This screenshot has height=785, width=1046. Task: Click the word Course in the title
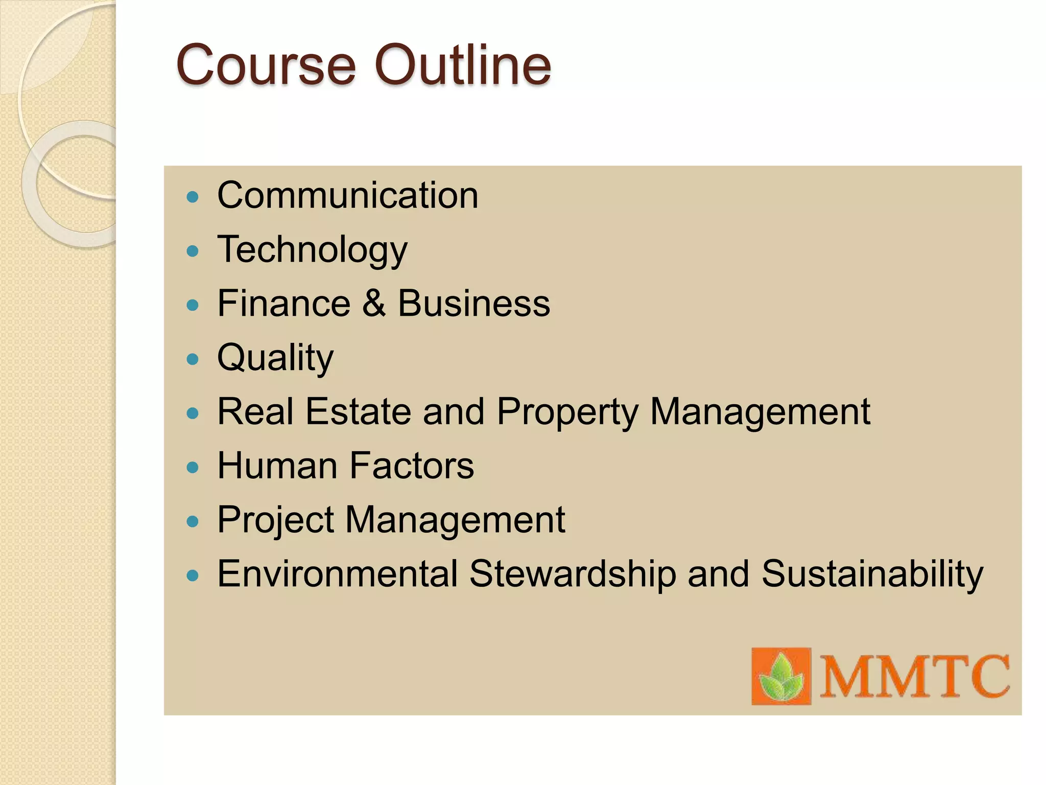coord(265,65)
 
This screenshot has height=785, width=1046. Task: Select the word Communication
coord(348,195)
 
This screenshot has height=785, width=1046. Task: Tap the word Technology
coord(312,250)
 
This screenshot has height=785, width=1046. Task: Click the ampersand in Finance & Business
coord(374,303)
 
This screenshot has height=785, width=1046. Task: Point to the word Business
coord(474,303)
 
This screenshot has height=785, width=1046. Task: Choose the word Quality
coord(275,358)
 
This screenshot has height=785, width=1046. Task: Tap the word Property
coord(567,412)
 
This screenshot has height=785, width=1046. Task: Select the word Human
coord(277,466)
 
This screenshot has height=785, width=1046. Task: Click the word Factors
coord(412,466)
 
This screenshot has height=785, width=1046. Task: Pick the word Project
coord(275,520)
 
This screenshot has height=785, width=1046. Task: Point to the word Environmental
coord(337,574)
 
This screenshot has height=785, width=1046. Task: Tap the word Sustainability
coord(872,574)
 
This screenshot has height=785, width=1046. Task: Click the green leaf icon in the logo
coord(781,677)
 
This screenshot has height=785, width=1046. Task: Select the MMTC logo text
coord(914,677)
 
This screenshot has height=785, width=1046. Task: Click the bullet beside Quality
coord(193,359)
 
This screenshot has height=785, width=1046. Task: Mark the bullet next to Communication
coord(193,197)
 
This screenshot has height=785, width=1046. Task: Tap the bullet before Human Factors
coord(193,467)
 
